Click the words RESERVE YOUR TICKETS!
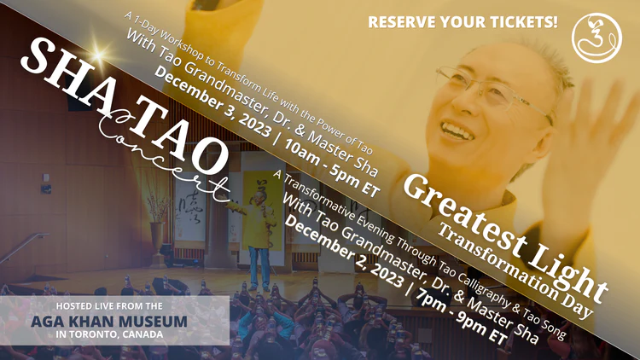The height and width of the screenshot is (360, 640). (463, 22)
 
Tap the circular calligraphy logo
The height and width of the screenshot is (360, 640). (596, 38)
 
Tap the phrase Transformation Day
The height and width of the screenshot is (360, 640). (515, 271)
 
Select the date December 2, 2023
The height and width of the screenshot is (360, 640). (344, 250)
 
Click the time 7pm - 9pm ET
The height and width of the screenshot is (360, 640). (461, 317)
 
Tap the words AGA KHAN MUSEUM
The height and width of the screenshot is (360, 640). (109, 322)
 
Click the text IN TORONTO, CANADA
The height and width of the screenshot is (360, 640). (109, 334)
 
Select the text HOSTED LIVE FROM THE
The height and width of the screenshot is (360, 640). (109, 306)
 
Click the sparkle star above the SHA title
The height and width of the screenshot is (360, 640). (98, 55)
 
